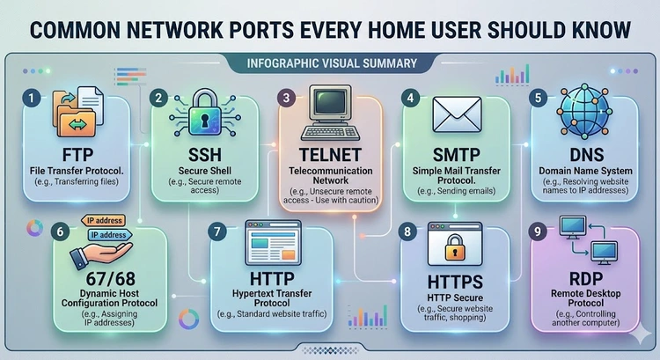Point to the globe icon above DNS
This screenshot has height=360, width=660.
coord(589,112)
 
